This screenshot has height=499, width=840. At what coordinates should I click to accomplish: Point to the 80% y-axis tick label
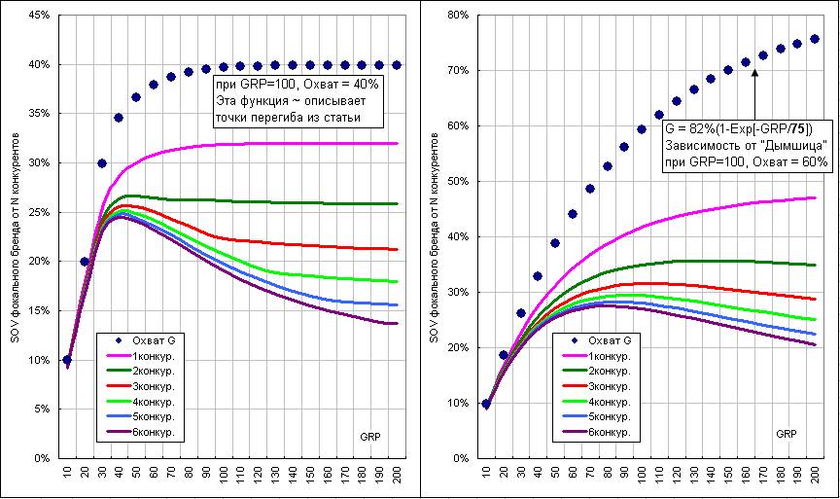coord(458,16)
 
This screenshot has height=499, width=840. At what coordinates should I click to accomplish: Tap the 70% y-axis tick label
coord(458,71)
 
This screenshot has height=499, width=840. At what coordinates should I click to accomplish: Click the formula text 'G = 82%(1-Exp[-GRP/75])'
coord(738,129)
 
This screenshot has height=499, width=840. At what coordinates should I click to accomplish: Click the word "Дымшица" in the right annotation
coord(794,145)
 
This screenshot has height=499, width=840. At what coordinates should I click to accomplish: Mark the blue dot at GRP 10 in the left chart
coord(67,360)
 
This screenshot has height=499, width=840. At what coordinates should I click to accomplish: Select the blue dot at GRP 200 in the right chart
coord(815,39)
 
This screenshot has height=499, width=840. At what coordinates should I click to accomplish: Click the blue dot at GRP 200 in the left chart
coord(397,65)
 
